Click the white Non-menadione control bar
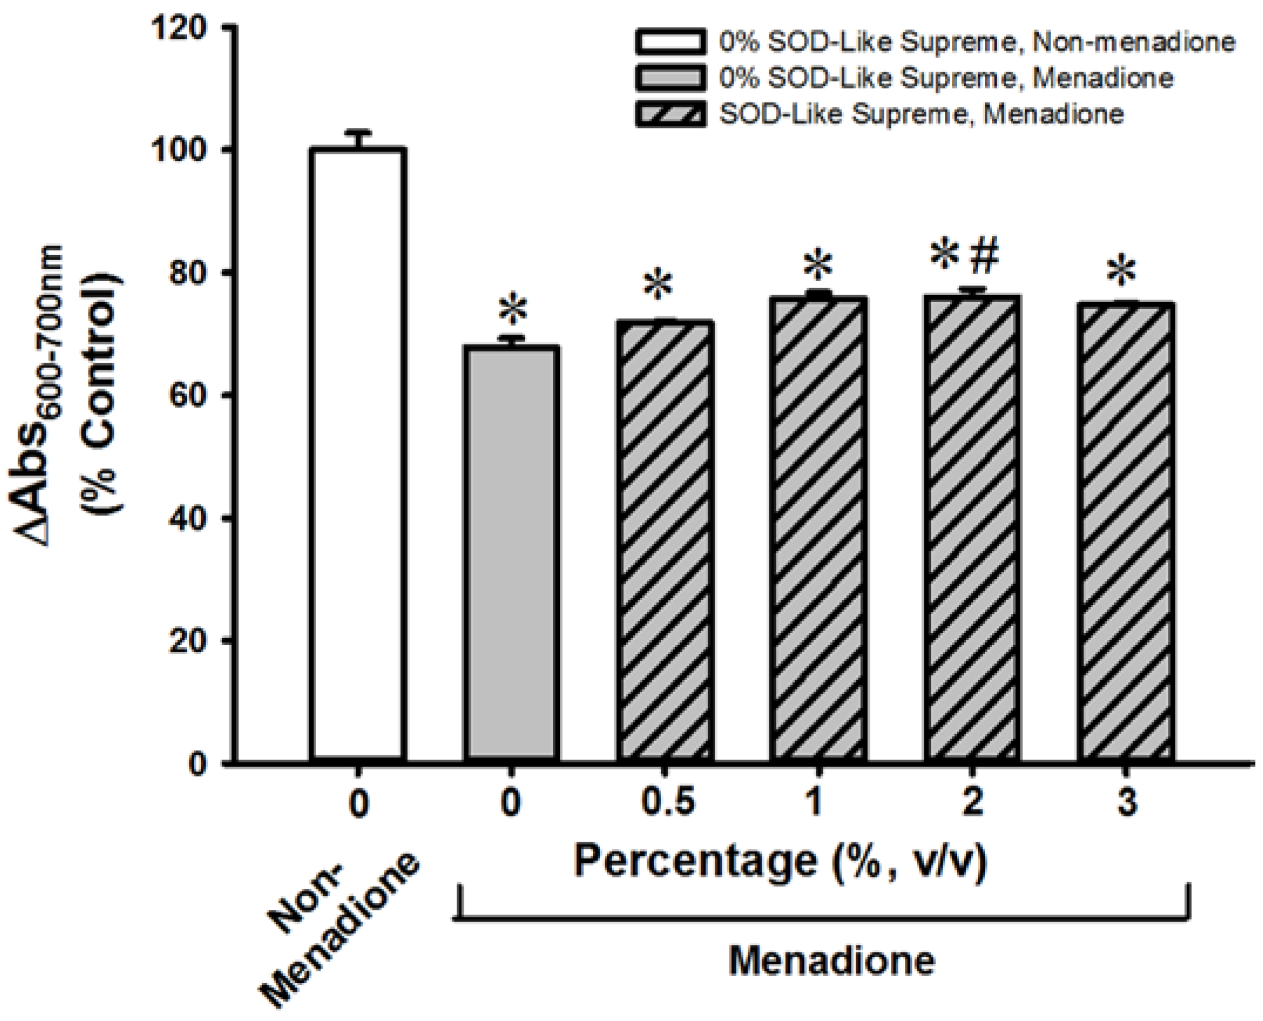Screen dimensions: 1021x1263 358,453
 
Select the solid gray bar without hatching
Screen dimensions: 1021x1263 511,553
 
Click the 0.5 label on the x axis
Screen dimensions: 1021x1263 666,803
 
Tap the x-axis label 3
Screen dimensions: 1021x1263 1126,803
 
